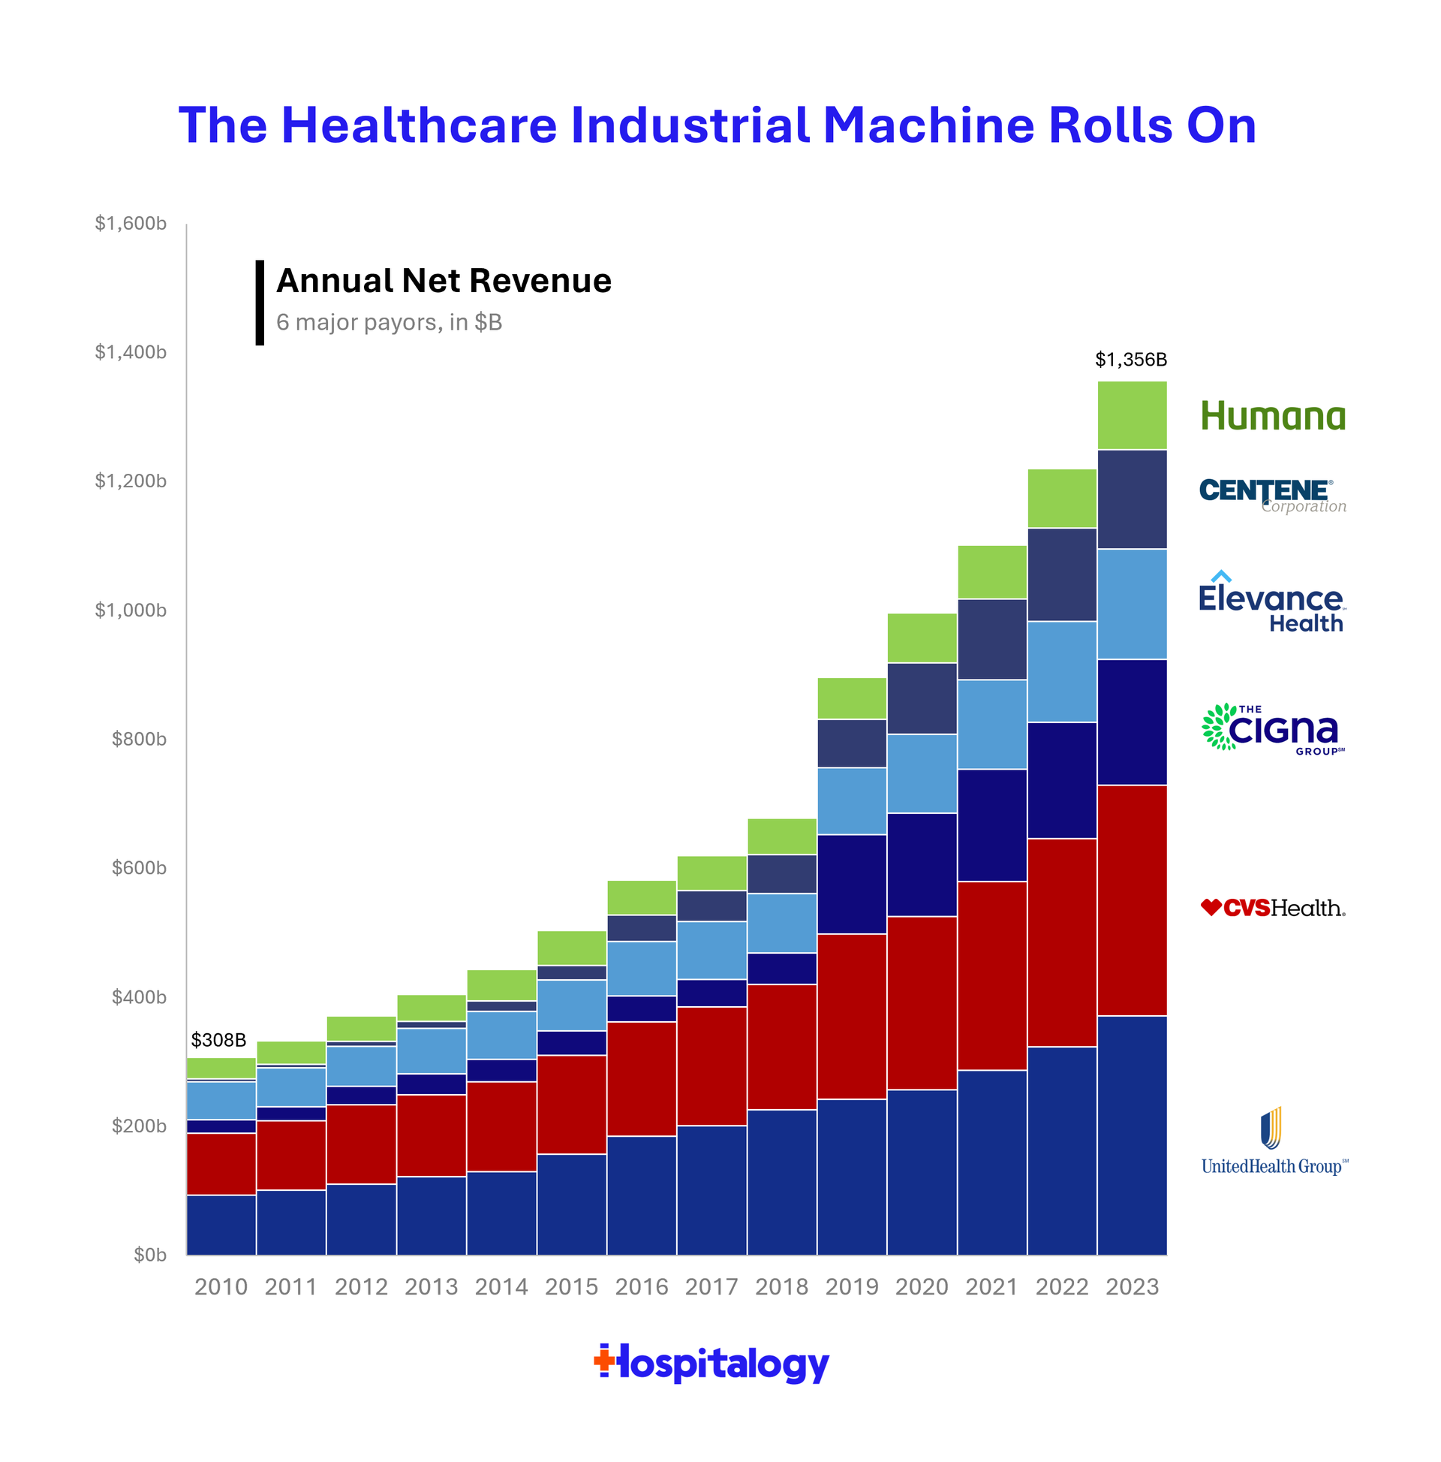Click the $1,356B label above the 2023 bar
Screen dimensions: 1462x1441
tap(1130, 360)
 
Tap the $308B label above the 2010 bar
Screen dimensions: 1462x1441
tap(218, 1040)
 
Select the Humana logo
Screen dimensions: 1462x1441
tap(1272, 416)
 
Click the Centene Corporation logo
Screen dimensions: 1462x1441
tap(1272, 496)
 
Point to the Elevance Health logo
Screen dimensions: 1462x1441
tap(1271, 603)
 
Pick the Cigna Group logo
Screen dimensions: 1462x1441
tap(1272, 728)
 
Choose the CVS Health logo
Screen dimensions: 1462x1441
tap(1272, 907)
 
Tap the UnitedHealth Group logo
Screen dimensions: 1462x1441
tap(1274, 1143)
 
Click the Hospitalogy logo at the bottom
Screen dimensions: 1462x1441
tap(711, 1363)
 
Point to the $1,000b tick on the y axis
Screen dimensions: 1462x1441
tap(130, 610)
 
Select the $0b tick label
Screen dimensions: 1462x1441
tap(150, 1255)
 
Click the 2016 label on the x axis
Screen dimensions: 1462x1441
tap(641, 1286)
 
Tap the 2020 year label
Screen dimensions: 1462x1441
tap(922, 1286)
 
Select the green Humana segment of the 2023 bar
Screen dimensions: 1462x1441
tap(1132, 415)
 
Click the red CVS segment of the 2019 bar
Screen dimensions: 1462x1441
tap(852, 1015)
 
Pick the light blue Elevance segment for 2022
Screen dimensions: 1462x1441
tap(1061, 671)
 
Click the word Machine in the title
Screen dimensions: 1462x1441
tap(928, 125)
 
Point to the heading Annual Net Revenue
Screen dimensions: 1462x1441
tap(444, 281)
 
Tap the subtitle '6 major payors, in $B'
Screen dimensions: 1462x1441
tap(389, 322)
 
